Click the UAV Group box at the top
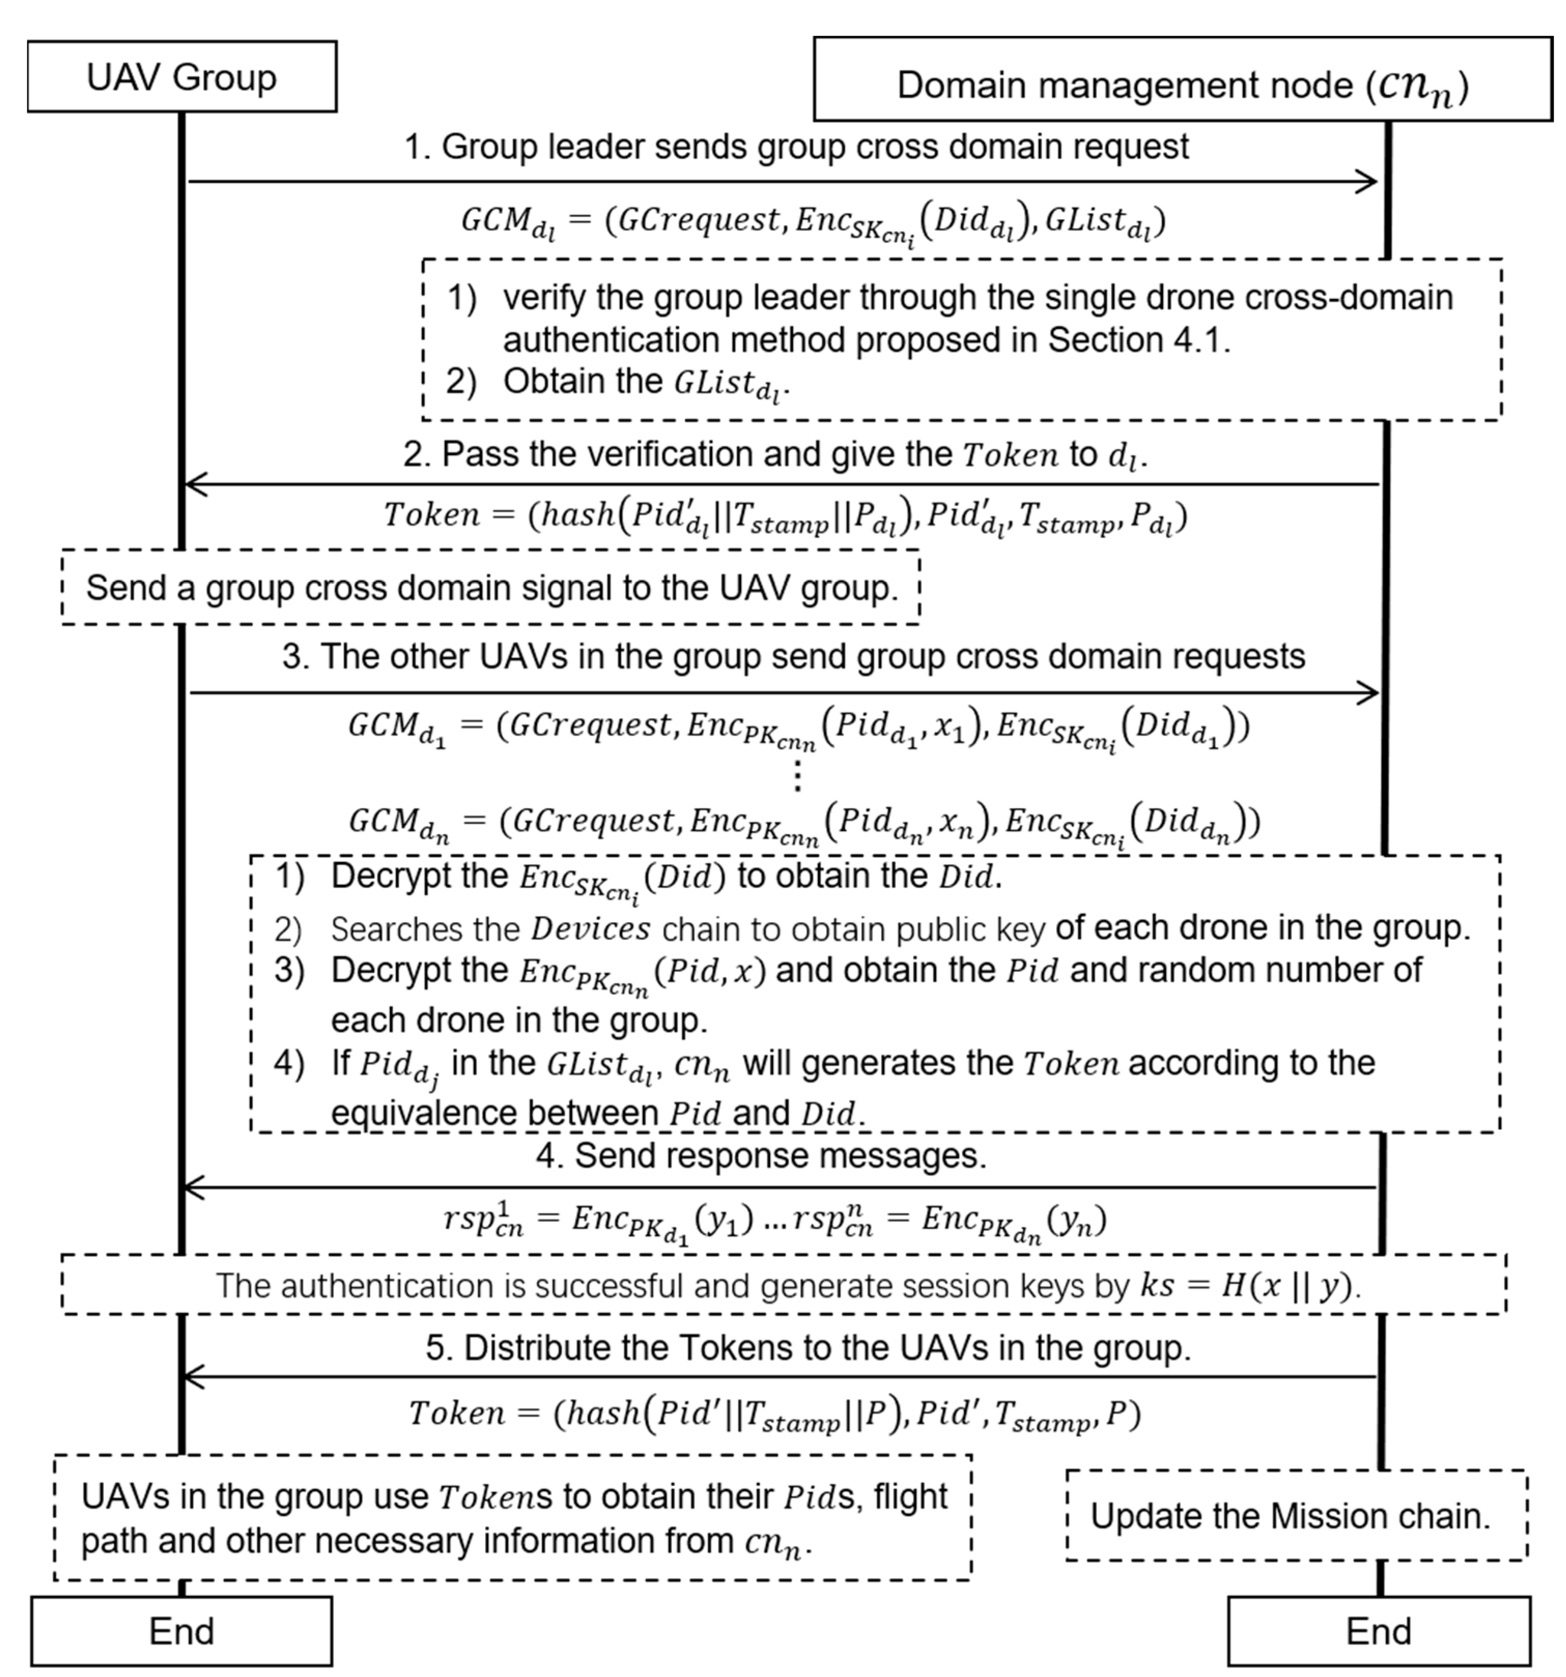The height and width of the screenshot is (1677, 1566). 181,77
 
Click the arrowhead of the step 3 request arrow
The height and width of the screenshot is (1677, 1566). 1369,693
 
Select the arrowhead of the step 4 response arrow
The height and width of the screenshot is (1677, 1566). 194,1188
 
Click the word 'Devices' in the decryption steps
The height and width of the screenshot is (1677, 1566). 591,929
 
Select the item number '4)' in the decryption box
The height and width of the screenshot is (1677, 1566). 289,1063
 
